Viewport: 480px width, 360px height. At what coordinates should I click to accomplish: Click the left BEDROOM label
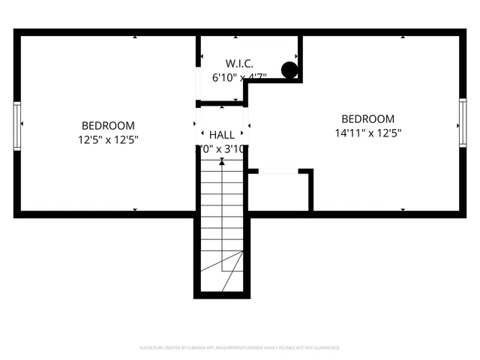[x=108, y=125]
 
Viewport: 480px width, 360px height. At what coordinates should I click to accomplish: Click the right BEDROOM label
[x=367, y=118]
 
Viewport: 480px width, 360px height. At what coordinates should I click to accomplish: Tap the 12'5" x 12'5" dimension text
[x=108, y=139]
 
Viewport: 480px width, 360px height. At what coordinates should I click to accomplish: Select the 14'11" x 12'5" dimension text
[x=367, y=133]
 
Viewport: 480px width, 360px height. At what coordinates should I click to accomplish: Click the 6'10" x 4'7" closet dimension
[x=240, y=76]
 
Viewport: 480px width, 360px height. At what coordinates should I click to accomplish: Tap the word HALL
[x=222, y=134]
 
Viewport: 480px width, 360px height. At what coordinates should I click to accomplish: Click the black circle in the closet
[x=289, y=70]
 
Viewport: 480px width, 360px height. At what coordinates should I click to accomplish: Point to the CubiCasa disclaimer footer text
[x=240, y=348]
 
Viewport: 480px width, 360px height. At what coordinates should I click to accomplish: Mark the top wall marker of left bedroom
[x=135, y=35]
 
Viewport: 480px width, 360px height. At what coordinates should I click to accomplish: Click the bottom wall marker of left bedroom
[x=135, y=211]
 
